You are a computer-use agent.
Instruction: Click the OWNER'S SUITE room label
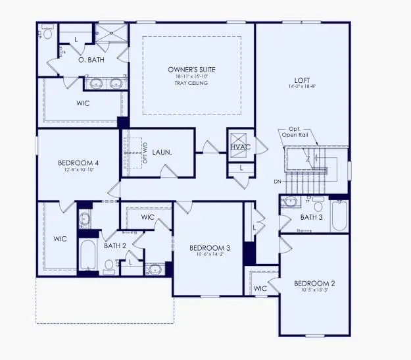[192, 69]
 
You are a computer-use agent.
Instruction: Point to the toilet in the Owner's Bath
[47, 33]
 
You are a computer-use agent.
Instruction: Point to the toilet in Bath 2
[109, 265]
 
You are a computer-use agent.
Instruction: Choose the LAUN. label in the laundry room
[161, 152]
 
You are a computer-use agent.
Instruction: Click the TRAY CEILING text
[192, 84]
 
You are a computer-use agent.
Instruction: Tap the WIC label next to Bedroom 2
[260, 288]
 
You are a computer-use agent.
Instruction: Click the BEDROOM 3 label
[209, 247]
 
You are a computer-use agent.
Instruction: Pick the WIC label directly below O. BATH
[83, 103]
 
